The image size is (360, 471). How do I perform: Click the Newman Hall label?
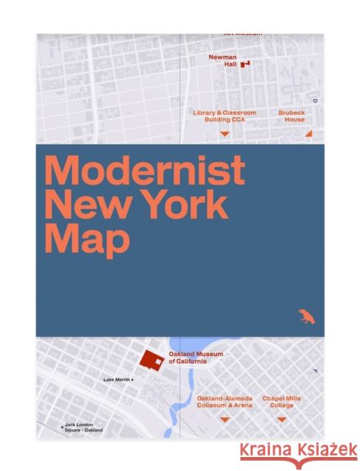[221, 60]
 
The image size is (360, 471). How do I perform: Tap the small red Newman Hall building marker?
[245, 64]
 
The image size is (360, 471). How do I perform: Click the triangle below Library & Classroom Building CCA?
[225, 134]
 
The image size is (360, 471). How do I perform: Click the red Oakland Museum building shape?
[153, 360]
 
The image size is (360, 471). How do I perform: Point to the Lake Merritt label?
[116, 380]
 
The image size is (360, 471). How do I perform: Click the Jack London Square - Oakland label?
[84, 428]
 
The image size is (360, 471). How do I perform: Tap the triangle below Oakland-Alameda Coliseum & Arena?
[225, 419]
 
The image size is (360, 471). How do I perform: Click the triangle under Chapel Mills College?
[281, 419]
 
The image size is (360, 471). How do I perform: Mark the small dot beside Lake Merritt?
[133, 380]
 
